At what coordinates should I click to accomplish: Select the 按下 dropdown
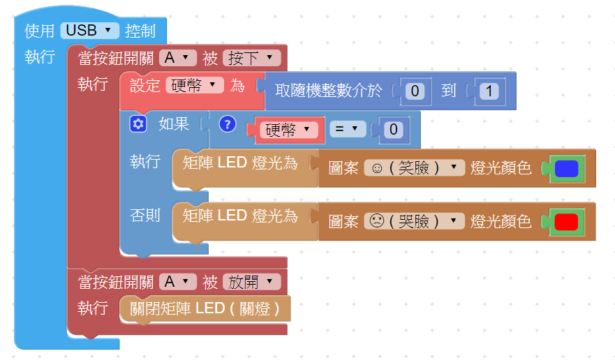pos(251,58)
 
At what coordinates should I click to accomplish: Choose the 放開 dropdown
pos(251,282)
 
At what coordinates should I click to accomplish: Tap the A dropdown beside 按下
pos(177,58)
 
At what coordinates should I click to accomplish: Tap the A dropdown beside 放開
pos(177,282)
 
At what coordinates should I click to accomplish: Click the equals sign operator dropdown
pos(348,128)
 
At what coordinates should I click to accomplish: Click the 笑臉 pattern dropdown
pos(414,168)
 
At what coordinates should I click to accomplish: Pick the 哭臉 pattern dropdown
pos(414,222)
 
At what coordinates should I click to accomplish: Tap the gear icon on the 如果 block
pos(138,124)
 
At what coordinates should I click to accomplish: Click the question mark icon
pos(227,124)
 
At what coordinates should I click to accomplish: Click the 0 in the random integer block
pos(415,91)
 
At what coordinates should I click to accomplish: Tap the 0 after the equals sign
pos(394,129)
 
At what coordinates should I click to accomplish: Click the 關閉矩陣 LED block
pos(204,308)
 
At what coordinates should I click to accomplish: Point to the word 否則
pos(145,216)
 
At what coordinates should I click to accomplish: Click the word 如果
pos(174,124)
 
